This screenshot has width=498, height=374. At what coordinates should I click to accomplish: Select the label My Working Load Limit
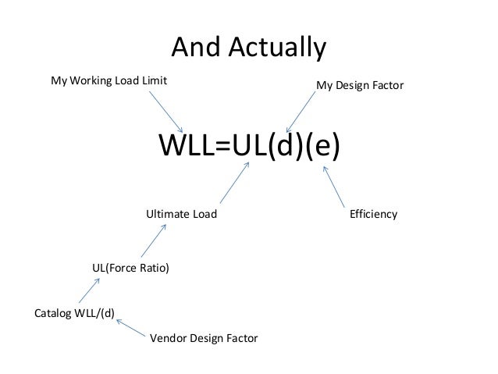[109, 80]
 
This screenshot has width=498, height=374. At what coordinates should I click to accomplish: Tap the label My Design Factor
[360, 83]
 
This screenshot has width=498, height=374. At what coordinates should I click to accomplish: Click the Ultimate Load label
[182, 213]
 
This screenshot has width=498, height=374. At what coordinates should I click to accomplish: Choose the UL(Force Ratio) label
[130, 268]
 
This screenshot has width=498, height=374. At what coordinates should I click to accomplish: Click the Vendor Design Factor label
[203, 339]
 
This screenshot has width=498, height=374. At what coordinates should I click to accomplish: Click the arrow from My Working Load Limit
[165, 111]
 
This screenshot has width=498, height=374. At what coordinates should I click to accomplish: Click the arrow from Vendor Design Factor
[133, 322]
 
